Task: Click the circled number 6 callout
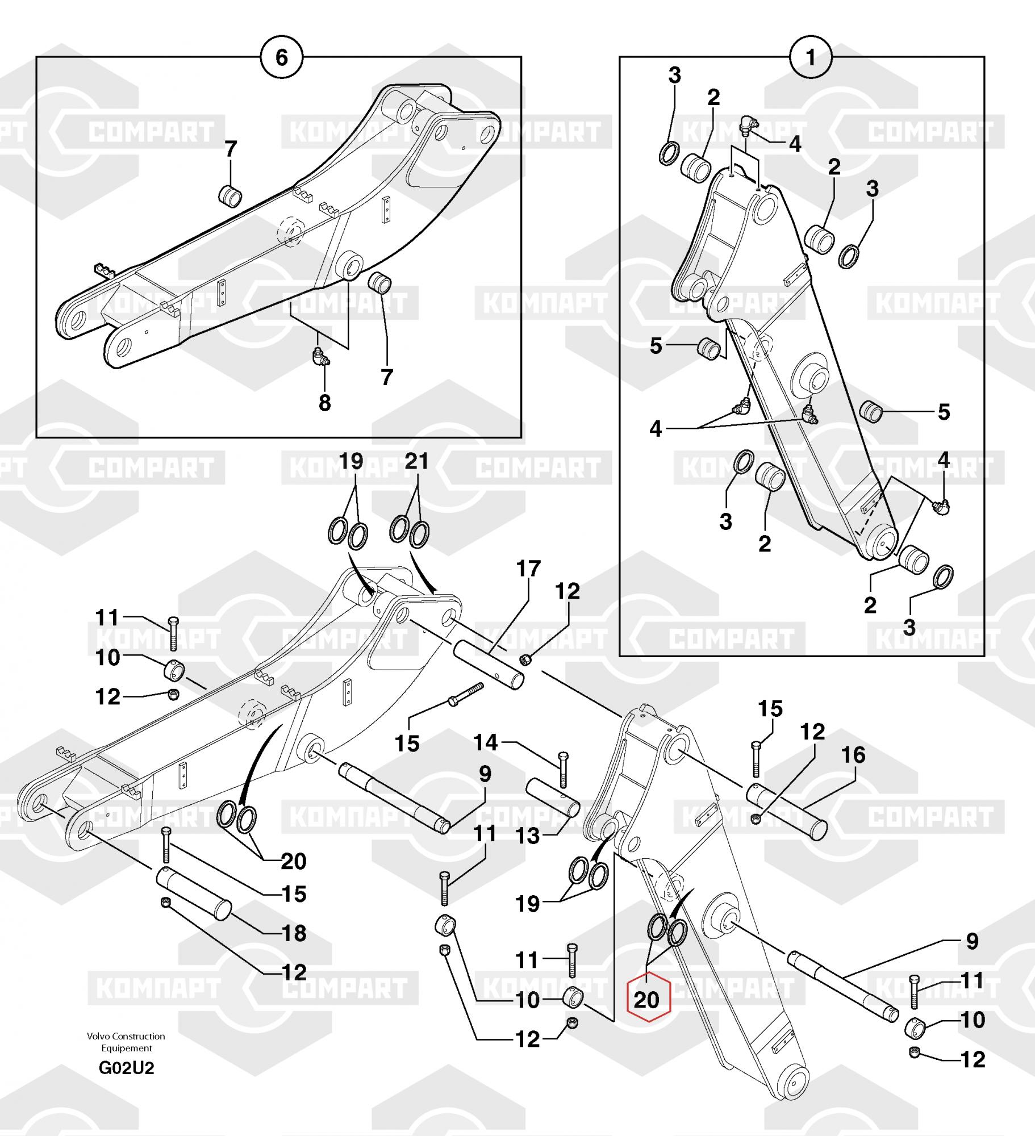click(281, 57)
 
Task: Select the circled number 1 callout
click(811, 57)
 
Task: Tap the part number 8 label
click(324, 403)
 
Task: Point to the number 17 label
click(528, 569)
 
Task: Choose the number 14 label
click(485, 742)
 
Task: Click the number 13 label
click(528, 836)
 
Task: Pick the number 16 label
click(853, 755)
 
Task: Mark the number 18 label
click(294, 933)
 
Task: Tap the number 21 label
click(416, 461)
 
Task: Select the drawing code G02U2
click(126, 1068)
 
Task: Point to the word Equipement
click(127, 1048)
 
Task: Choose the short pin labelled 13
click(553, 799)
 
